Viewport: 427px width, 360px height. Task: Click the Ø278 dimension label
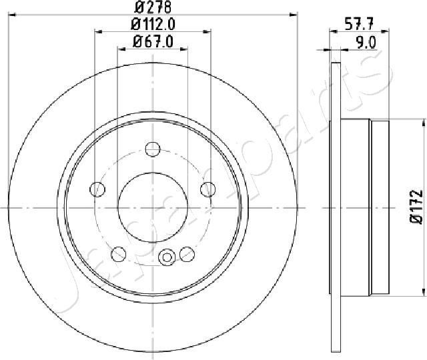coord(153,9)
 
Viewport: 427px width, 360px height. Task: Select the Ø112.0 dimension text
coord(153,25)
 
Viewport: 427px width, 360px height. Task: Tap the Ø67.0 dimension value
coord(153,41)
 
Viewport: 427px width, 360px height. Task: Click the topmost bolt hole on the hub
coord(153,148)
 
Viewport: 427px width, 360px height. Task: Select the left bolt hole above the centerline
coord(98,189)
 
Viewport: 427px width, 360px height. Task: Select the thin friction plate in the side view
coord(336,207)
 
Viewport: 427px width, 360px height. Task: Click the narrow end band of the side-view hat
coord(380,207)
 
